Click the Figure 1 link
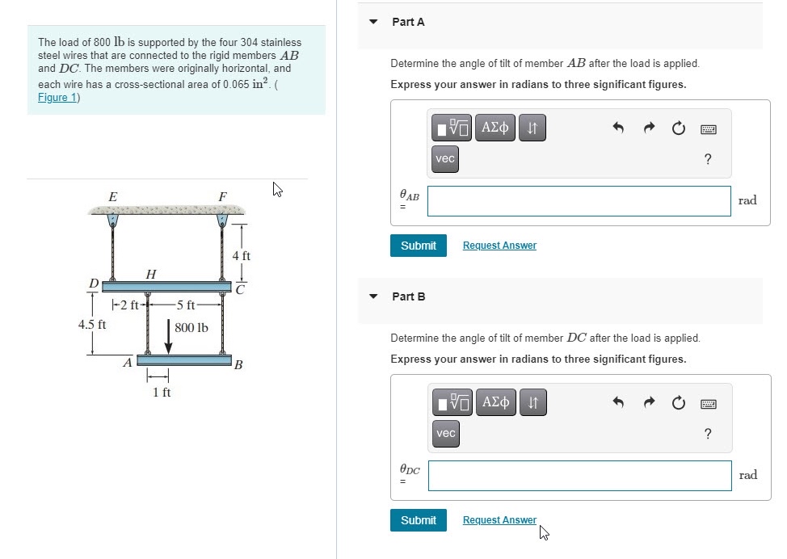pos(57,98)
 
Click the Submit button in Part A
pos(418,246)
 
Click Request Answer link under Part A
pos(499,246)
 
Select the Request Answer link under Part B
pos(499,520)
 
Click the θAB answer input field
pos(579,201)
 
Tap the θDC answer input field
pos(579,476)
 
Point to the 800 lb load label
pos(191,328)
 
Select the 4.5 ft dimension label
pos(92,325)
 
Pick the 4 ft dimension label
pos(241,256)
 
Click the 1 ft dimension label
pos(162,393)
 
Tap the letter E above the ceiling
pos(112,196)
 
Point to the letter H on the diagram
pos(150,275)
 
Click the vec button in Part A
pos(445,159)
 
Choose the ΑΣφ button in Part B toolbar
pos(495,401)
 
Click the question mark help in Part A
pos(708,159)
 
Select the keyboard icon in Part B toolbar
pos(708,402)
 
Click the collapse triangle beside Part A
pos(373,22)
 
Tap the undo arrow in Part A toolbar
pos(618,128)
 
